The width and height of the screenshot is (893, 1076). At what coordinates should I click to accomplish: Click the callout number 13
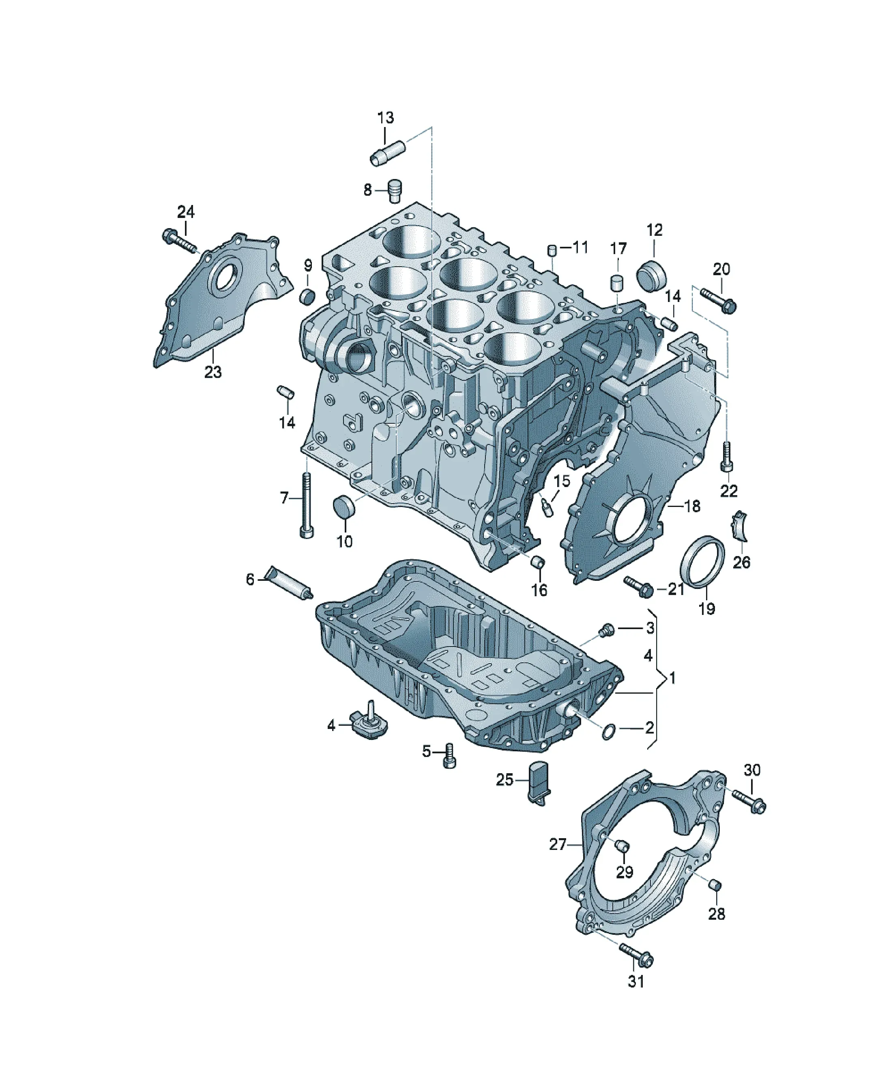(x=386, y=118)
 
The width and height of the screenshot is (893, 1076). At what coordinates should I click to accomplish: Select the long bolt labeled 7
(x=306, y=505)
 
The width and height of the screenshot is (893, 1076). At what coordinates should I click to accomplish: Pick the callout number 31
(x=635, y=981)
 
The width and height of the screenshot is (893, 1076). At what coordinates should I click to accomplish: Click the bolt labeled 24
(x=179, y=242)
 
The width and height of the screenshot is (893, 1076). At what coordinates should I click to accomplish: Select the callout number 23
(x=213, y=371)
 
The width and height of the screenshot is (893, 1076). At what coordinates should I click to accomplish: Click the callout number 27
(x=558, y=844)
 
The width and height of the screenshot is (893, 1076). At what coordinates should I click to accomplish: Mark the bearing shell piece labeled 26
(x=739, y=525)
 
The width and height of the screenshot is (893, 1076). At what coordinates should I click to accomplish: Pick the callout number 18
(x=692, y=506)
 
